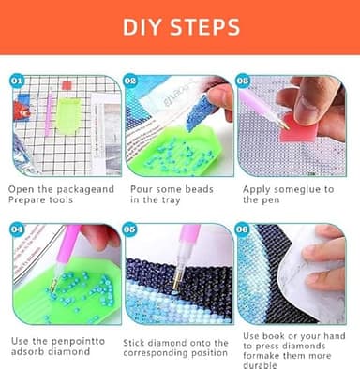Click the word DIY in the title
click(143, 26)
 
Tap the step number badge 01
click(18, 81)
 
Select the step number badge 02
click(131, 81)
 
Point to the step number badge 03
click(243, 81)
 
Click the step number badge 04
click(18, 229)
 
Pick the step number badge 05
click(131, 229)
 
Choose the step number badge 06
click(243, 229)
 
